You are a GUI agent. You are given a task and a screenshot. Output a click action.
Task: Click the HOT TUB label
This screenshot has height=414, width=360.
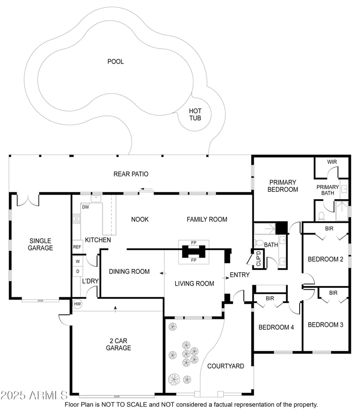(x=195, y=114)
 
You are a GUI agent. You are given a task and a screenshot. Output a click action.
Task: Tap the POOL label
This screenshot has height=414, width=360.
(x=115, y=62)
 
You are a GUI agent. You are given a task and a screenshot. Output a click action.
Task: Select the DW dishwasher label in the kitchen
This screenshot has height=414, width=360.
(x=85, y=207)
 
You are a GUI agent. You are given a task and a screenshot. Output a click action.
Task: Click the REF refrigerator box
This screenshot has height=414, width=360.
(x=77, y=247)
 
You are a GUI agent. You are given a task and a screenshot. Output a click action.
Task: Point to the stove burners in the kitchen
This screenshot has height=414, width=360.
(x=76, y=219)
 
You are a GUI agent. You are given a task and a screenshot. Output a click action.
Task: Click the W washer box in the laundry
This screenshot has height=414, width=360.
(x=77, y=261)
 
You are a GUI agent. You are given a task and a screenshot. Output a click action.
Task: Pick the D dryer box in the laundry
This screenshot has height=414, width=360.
(x=77, y=271)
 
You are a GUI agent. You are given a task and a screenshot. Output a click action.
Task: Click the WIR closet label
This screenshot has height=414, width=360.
(x=332, y=162)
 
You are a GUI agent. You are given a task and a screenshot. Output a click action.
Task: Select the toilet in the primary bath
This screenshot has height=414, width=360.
(x=321, y=215)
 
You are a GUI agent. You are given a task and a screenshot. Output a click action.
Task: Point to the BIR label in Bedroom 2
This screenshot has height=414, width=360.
(x=329, y=229)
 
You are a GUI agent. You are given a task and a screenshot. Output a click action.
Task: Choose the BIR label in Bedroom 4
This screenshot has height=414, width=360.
(x=270, y=298)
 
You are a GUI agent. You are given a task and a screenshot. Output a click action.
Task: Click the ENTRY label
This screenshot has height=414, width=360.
(x=239, y=275)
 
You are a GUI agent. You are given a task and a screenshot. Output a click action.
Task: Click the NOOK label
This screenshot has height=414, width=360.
(x=139, y=219)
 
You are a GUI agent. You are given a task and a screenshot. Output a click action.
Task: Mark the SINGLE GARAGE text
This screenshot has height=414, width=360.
(x=40, y=244)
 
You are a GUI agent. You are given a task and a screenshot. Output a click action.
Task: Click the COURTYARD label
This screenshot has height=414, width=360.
(x=225, y=366)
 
